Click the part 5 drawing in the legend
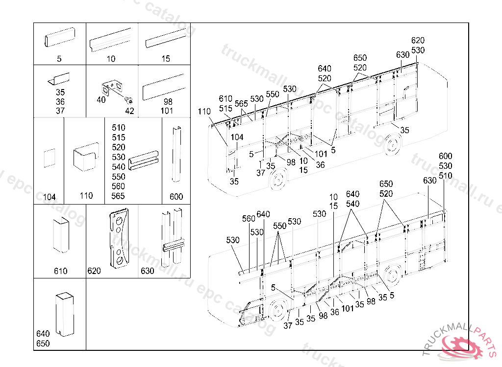pos(59,38)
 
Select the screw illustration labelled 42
pos(128,101)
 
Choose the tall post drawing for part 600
pos(176,155)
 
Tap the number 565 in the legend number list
pos(118,196)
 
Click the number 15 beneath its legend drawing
pos(166,59)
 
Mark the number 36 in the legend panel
pos(60,102)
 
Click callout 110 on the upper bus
pos(204,112)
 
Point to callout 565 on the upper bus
pos(241,103)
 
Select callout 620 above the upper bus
pos(418,41)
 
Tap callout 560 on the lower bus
pos(249,219)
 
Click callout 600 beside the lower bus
pos(446,157)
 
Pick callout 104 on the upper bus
pos(237,138)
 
